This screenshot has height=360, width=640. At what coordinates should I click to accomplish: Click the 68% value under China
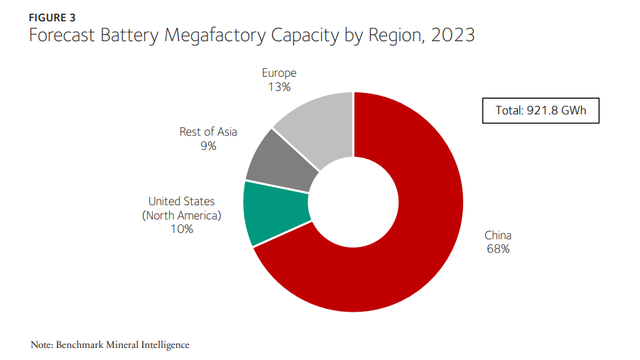pyautogui.click(x=498, y=249)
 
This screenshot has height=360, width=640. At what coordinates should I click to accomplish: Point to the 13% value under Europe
pyautogui.click(x=279, y=87)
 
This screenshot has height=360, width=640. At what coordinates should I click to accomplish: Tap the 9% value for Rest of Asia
pyautogui.click(x=208, y=146)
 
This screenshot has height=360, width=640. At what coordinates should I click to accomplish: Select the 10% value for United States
pyautogui.click(x=181, y=229)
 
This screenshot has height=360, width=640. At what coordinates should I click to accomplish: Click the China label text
pyautogui.click(x=498, y=236)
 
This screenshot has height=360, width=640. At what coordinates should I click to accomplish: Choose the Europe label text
pyautogui.click(x=279, y=73)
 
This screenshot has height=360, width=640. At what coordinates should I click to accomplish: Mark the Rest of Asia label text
pyautogui.click(x=208, y=132)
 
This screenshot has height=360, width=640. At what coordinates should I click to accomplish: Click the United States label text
pyautogui.click(x=181, y=202)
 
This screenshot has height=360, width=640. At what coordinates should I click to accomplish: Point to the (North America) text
pyautogui.click(x=181, y=215)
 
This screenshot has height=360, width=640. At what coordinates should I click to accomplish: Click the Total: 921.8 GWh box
pyautogui.click(x=541, y=110)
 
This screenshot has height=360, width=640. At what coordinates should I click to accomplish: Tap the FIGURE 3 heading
pyautogui.click(x=53, y=18)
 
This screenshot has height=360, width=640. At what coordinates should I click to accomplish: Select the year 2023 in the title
pyautogui.click(x=451, y=35)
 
